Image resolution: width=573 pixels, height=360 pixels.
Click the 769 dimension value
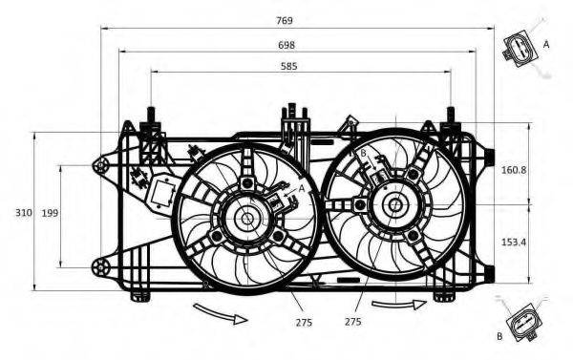click(x=285, y=21)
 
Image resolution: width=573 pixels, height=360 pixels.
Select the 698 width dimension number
click(x=286, y=45)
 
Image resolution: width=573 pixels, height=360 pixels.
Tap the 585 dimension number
click(x=289, y=66)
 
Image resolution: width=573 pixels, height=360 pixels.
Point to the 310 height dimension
click(x=24, y=212)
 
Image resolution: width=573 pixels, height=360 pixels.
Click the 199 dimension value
click(x=50, y=213)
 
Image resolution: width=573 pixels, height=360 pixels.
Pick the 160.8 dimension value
click(x=514, y=170)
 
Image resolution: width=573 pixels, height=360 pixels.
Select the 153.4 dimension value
click(x=514, y=242)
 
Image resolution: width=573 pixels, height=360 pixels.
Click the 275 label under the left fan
click(x=304, y=322)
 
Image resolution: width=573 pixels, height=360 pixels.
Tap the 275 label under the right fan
click(x=352, y=321)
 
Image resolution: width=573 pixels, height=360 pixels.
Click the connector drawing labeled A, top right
click(x=520, y=50)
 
